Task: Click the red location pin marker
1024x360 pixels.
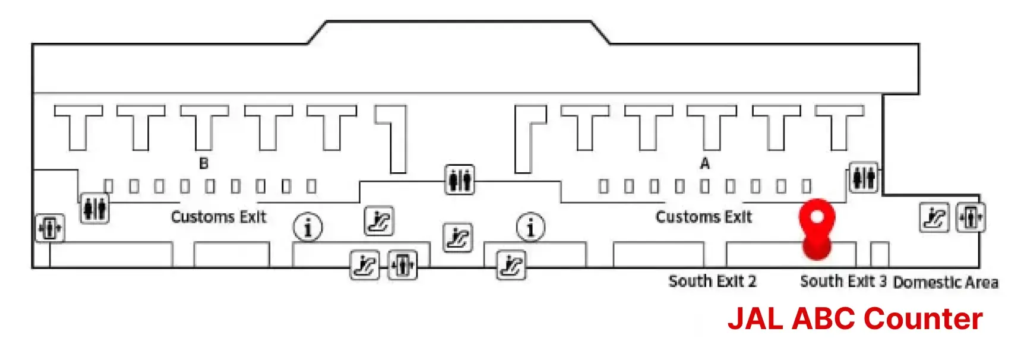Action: (817, 229)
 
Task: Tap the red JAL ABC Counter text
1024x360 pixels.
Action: (855, 318)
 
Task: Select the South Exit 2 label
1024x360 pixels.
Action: (712, 281)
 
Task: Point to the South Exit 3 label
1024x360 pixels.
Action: (843, 281)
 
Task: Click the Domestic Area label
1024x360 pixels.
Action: (946, 282)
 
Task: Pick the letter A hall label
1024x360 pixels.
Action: (704, 163)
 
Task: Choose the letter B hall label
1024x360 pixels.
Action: (204, 163)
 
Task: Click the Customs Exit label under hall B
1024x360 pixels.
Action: (219, 217)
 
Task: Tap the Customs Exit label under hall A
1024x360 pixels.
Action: (703, 217)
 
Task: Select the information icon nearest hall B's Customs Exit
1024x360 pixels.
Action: (308, 227)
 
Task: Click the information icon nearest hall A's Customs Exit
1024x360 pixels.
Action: (530, 227)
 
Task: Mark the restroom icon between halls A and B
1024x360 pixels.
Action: (460, 179)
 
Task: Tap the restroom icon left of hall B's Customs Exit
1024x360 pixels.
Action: (94, 208)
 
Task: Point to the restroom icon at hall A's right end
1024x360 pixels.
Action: (864, 178)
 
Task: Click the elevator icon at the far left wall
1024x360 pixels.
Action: (50, 228)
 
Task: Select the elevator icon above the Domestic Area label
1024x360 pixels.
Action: (971, 217)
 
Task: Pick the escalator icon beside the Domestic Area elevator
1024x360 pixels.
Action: (934, 217)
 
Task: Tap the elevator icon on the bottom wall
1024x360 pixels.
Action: (402, 264)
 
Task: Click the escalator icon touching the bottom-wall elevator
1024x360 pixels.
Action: (365, 265)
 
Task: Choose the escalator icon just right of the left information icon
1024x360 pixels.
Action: (379, 221)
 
